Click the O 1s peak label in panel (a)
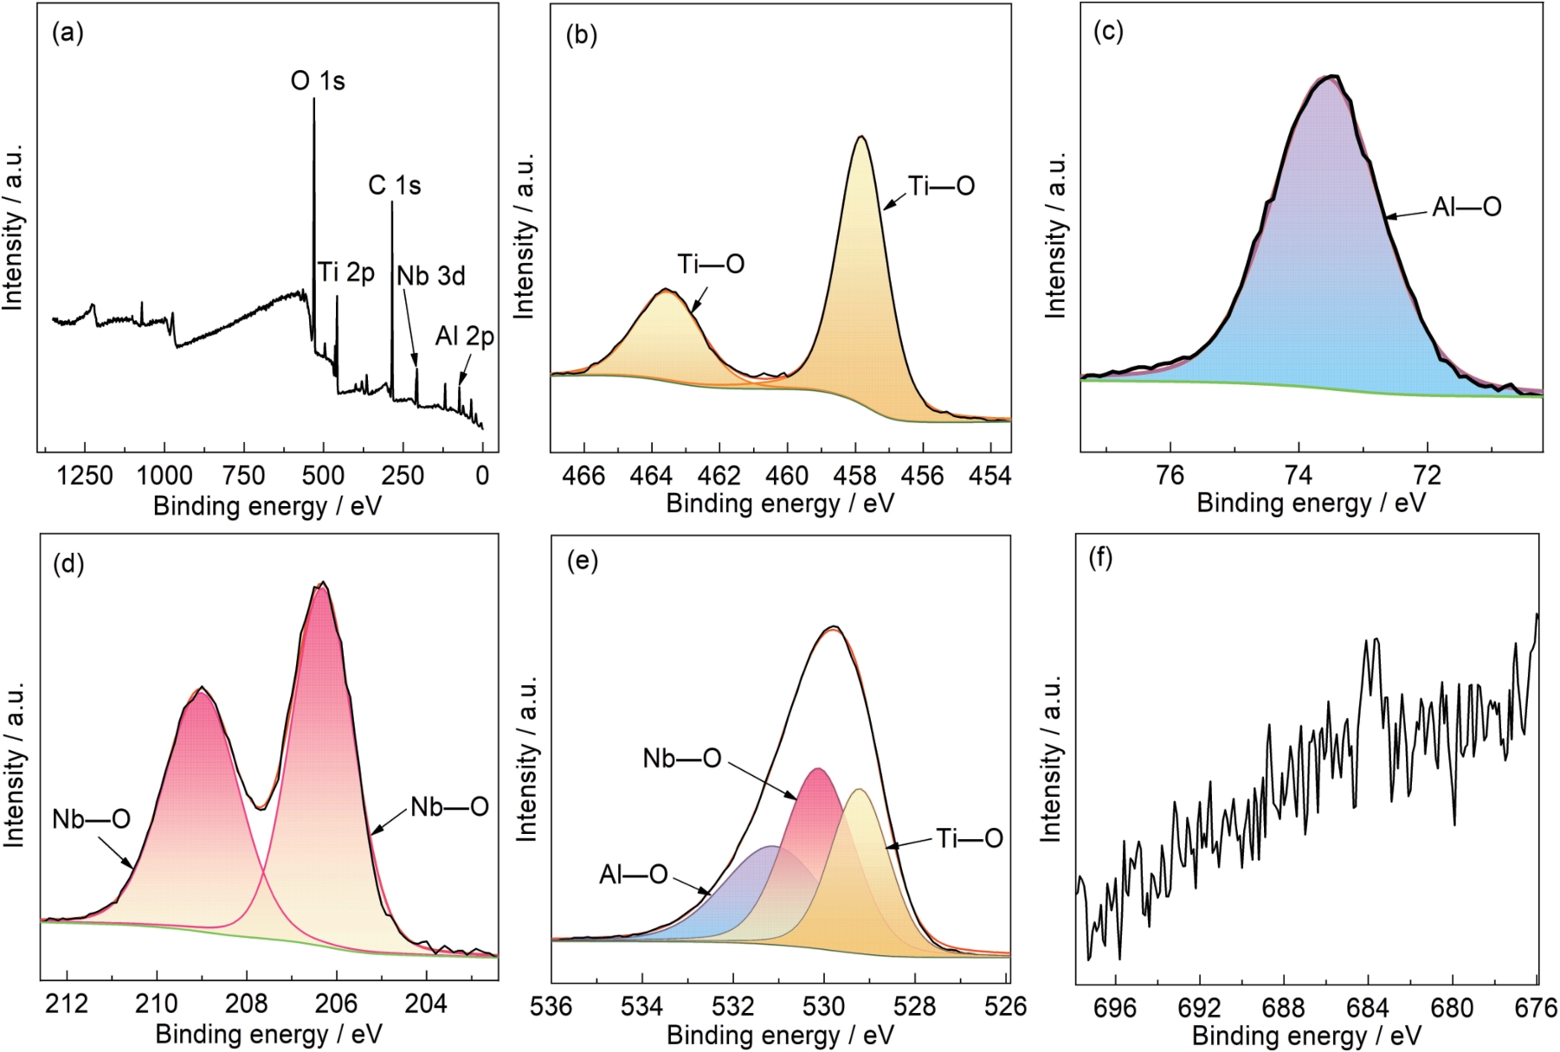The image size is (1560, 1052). click(318, 81)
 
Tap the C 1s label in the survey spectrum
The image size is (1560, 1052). click(395, 186)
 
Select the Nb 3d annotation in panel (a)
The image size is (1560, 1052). click(431, 276)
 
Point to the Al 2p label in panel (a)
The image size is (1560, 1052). click(465, 337)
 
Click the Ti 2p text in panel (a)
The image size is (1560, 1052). click(346, 273)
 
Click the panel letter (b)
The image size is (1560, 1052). click(581, 35)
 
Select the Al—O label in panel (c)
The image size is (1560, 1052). click(1467, 208)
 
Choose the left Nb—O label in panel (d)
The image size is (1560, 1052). click(91, 818)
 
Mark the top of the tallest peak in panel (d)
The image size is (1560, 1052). click(323, 583)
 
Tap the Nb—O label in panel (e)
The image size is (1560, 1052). click(682, 759)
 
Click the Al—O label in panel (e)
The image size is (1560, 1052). click(634, 875)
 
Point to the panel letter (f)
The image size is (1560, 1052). click(1100, 559)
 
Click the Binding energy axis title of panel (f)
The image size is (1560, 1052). click(1306, 1036)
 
